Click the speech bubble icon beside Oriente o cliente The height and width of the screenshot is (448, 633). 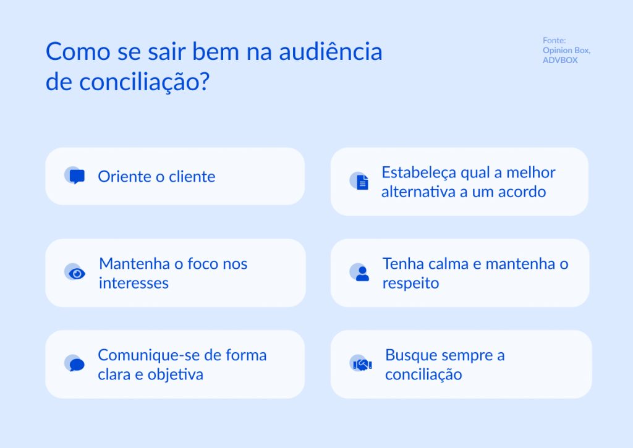pyautogui.click(x=75, y=176)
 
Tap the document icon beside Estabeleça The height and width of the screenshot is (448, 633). pyautogui.click(x=361, y=181)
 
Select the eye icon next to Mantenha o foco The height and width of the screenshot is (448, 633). pyautogui.click(x=76, y=273)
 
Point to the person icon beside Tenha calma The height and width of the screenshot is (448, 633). pyautogui.click(x=361, y=273)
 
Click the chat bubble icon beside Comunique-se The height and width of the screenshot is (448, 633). pyautogui.click(x=75, y=364)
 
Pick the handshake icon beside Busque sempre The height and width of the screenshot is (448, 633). pyautogui.click(x=361, y=364)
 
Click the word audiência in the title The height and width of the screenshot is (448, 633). pyautogui.click(x=331, y=52)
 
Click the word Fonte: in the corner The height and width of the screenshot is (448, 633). pyautogui.click(x=554, y=41)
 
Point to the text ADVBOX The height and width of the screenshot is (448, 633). pyautogui.click(x=560, y=61)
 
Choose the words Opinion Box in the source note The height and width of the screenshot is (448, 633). pyautogui.click(x=566, y=51)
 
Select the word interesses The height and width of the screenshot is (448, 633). pyautogui.click(x=134, y=283)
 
